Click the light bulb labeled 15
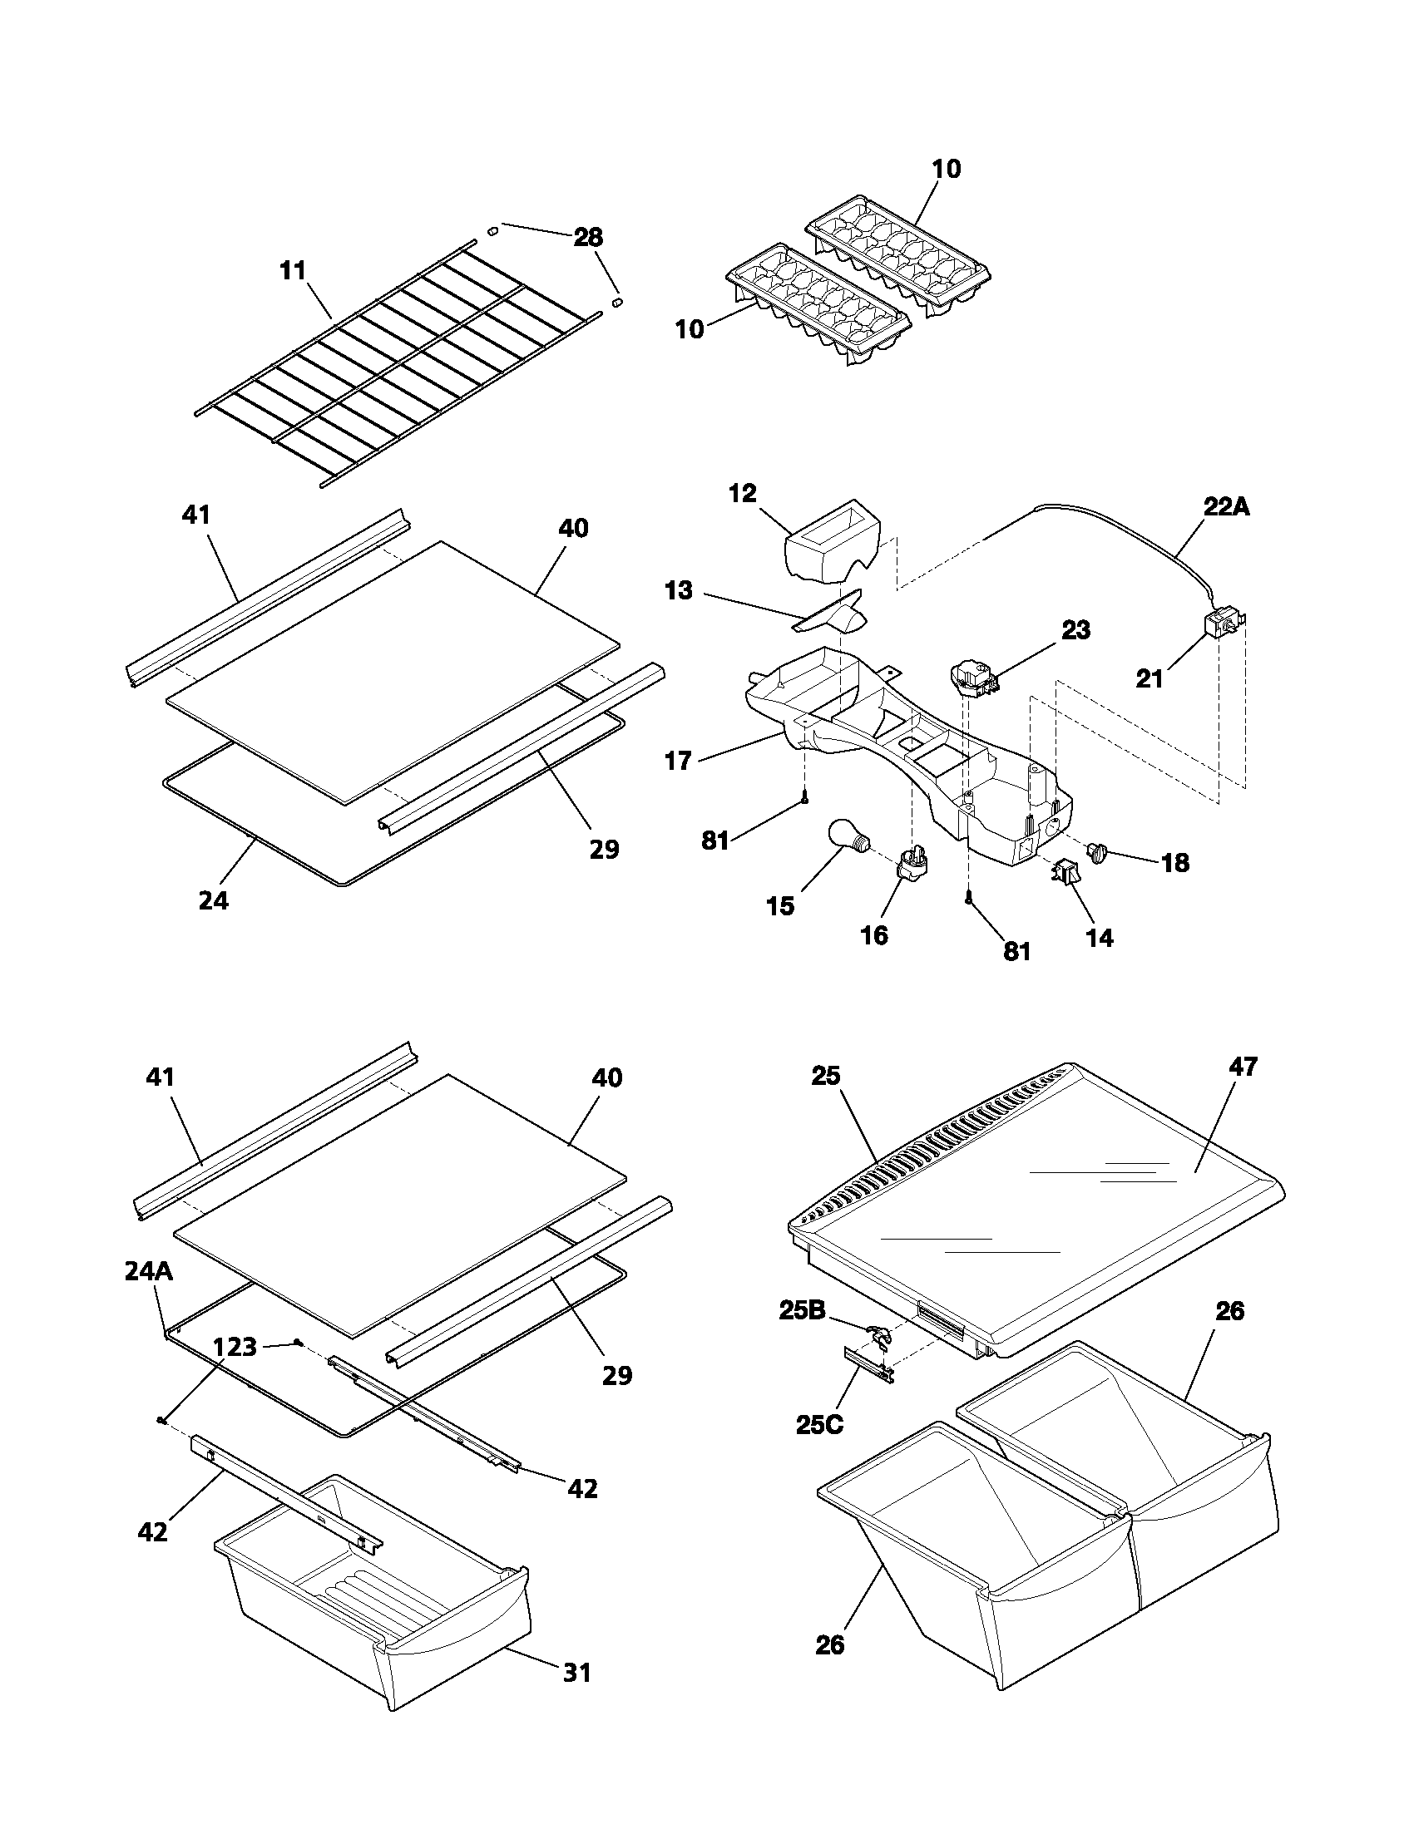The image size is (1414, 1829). click(x=848, y=836)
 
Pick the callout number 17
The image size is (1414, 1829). click(x=678, y=761)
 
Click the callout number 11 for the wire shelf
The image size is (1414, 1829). click(x=292, y=271)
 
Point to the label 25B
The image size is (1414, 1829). click(x=803, y=1310)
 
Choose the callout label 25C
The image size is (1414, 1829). click(x=819, y=1423)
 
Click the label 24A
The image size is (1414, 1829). click(x=148, y=1272)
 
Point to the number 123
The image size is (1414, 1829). click(x=235, y=1348)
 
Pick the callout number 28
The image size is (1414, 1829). click(x=587, y=237)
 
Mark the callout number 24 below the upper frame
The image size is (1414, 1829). click(x=213, y=901)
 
